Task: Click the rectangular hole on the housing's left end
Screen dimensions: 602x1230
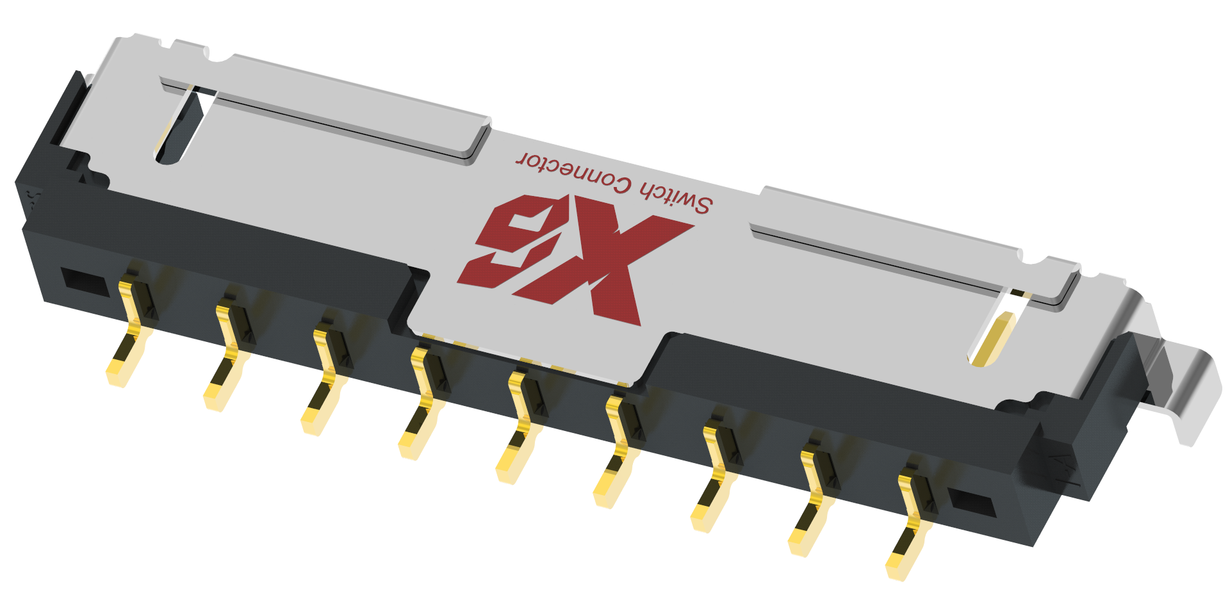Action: click(84, 281)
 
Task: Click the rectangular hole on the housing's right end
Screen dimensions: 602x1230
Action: click(971, 502)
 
